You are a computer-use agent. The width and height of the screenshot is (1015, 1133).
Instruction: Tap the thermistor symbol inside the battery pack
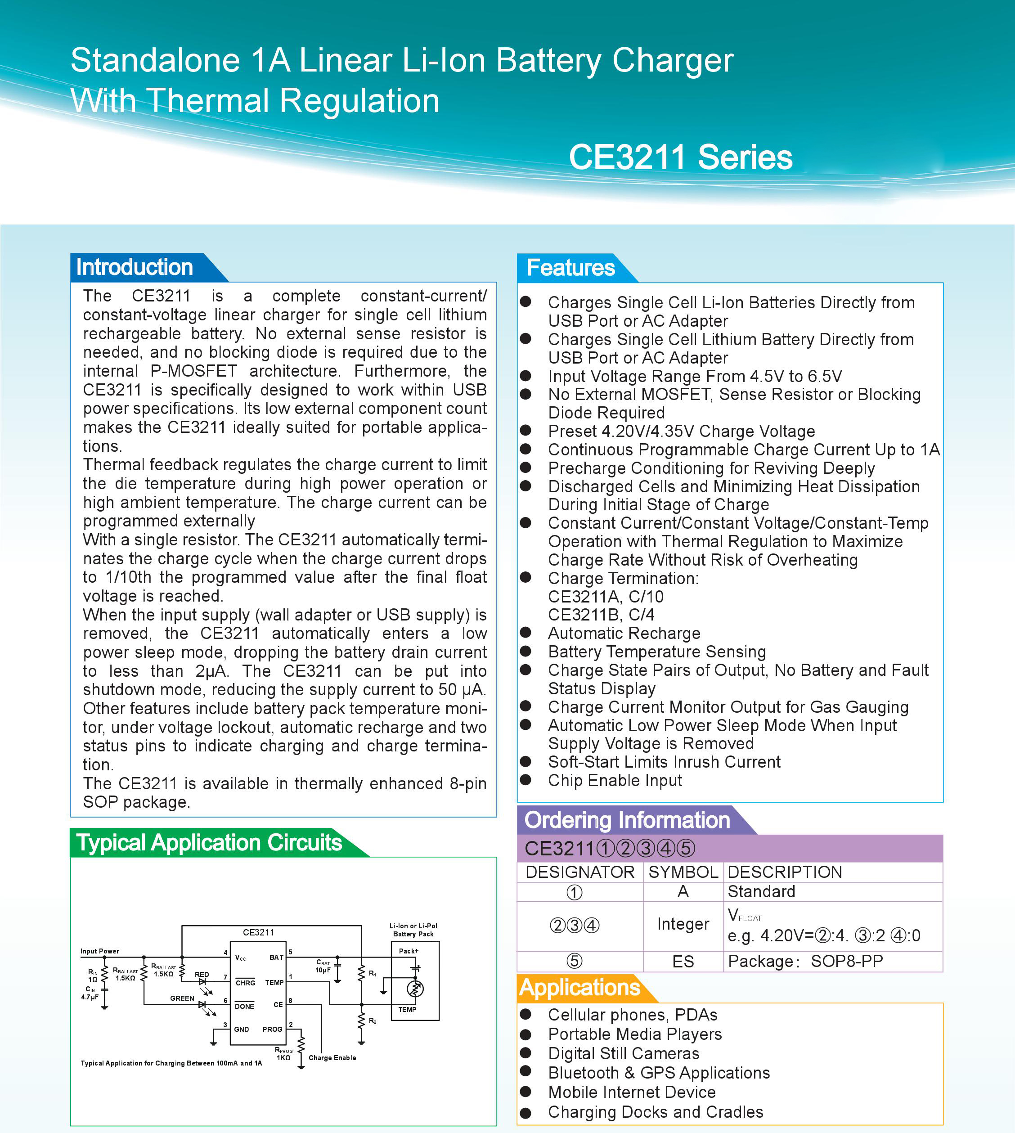pyautogui.click(x=415, y=989)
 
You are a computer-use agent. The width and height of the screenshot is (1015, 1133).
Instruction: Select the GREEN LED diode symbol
pyautogui.click(x=202, y=1005)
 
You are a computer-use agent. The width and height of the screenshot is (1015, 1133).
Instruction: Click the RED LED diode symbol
pyautogui.click(x=202, y=981)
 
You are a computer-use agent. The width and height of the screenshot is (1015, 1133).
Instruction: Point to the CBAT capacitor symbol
pyautogui.click(x=337, y=965)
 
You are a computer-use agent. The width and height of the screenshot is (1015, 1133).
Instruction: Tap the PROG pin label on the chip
pyautogui.click(x=272, y=1029)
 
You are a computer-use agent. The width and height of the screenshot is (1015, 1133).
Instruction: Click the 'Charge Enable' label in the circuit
pyautogui.click(x=332, y=1058)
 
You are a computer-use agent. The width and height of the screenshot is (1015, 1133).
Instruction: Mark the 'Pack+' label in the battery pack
pyautogui.click(x=409, y=951)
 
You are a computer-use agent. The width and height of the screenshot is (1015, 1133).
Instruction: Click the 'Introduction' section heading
pyautogui.click(x=135, y=267)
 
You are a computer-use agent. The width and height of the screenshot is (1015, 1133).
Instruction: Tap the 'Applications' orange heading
pyautogui.click(x=579, y=987)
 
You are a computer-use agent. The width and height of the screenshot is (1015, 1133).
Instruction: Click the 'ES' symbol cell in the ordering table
pyautogui.click(x=683, y=961)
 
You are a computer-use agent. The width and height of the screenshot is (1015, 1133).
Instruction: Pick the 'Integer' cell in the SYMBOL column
pyautogui.click(x=683, y=924)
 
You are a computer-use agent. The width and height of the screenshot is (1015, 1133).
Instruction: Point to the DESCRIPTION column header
pyautogui.click(x=785, y=872)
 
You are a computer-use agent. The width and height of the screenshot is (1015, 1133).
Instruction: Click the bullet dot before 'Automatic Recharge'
pyautogui.click(x=525, y=633)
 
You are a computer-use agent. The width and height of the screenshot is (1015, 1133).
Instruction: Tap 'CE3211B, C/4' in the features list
pyautogui.click(x=601, y=615)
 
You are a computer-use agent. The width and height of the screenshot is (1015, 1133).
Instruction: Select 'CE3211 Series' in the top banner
pyautogui.click(x=680, y=157)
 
